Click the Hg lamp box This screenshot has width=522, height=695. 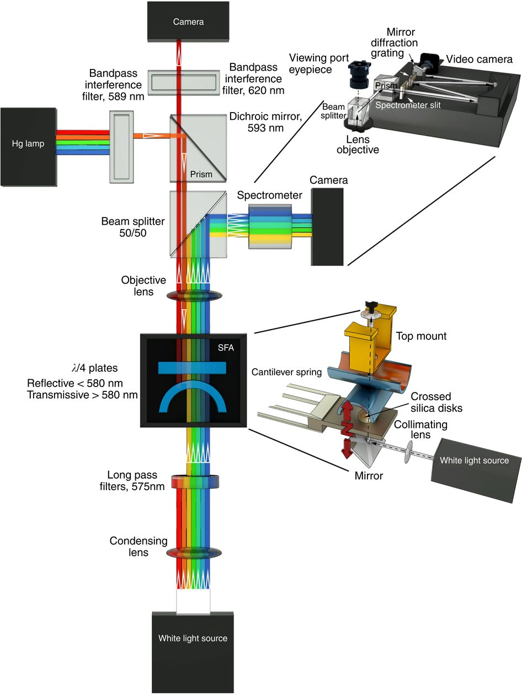coord(28,144)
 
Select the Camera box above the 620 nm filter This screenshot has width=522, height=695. coord(188,21)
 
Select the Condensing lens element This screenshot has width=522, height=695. coord(194,553)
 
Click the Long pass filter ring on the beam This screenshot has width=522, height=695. coord(195,482)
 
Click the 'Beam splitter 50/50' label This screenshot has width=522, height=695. coord(132,227)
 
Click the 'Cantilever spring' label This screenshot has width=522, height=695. coord(286,373)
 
